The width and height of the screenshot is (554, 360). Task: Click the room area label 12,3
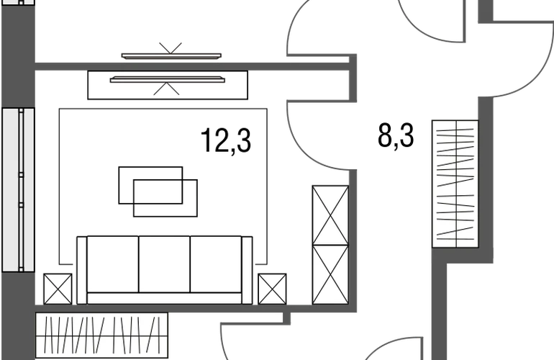click(226, 140)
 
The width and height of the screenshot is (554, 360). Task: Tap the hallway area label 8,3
click(396, 136)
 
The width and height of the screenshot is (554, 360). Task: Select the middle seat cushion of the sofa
click(164, 264)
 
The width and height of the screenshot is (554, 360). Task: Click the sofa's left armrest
click(81, 270)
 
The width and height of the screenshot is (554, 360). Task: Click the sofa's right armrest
click(247, 270)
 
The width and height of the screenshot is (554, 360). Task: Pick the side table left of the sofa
click(58, 289)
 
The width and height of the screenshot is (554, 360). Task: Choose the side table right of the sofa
click(272, 289)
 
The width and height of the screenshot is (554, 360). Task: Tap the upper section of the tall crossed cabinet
click(330, 215)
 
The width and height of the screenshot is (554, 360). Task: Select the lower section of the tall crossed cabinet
click(330, 274)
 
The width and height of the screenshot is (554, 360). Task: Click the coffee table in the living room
click(158, 192)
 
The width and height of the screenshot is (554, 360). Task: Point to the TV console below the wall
click(168, 85)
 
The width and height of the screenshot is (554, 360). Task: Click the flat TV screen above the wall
click(171, 56)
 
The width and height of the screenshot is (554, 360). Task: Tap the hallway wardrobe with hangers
click(455, 184)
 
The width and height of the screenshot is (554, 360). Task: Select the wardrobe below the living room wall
click(101, 336)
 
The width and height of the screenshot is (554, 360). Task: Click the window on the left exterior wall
click(19, 190)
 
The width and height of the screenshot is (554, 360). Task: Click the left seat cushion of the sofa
click(113, 264)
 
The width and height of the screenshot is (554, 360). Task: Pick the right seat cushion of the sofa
click(216, 264)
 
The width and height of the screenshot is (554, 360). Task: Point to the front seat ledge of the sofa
click(164, 298)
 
